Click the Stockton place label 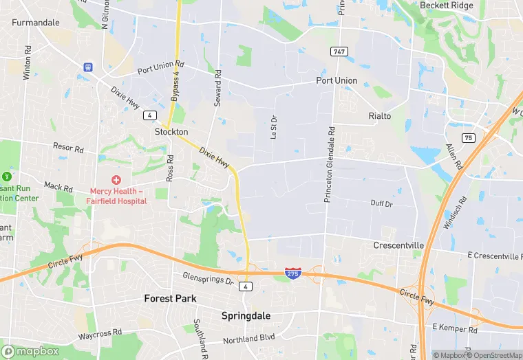coord(171,131)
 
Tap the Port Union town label coord(337,80)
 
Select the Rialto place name coord(379,115)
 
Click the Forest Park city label coord(170,298)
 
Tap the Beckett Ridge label coord(447,5)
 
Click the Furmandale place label coord(35,22)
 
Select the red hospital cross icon coord(117,179)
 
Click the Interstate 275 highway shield coord(292,273)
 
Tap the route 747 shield coord(339,52)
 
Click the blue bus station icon coord(88,67)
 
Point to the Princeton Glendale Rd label coord(330,164)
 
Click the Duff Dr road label coord(381,204)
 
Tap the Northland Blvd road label coord(249,339)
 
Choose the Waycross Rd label coord(100,333)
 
